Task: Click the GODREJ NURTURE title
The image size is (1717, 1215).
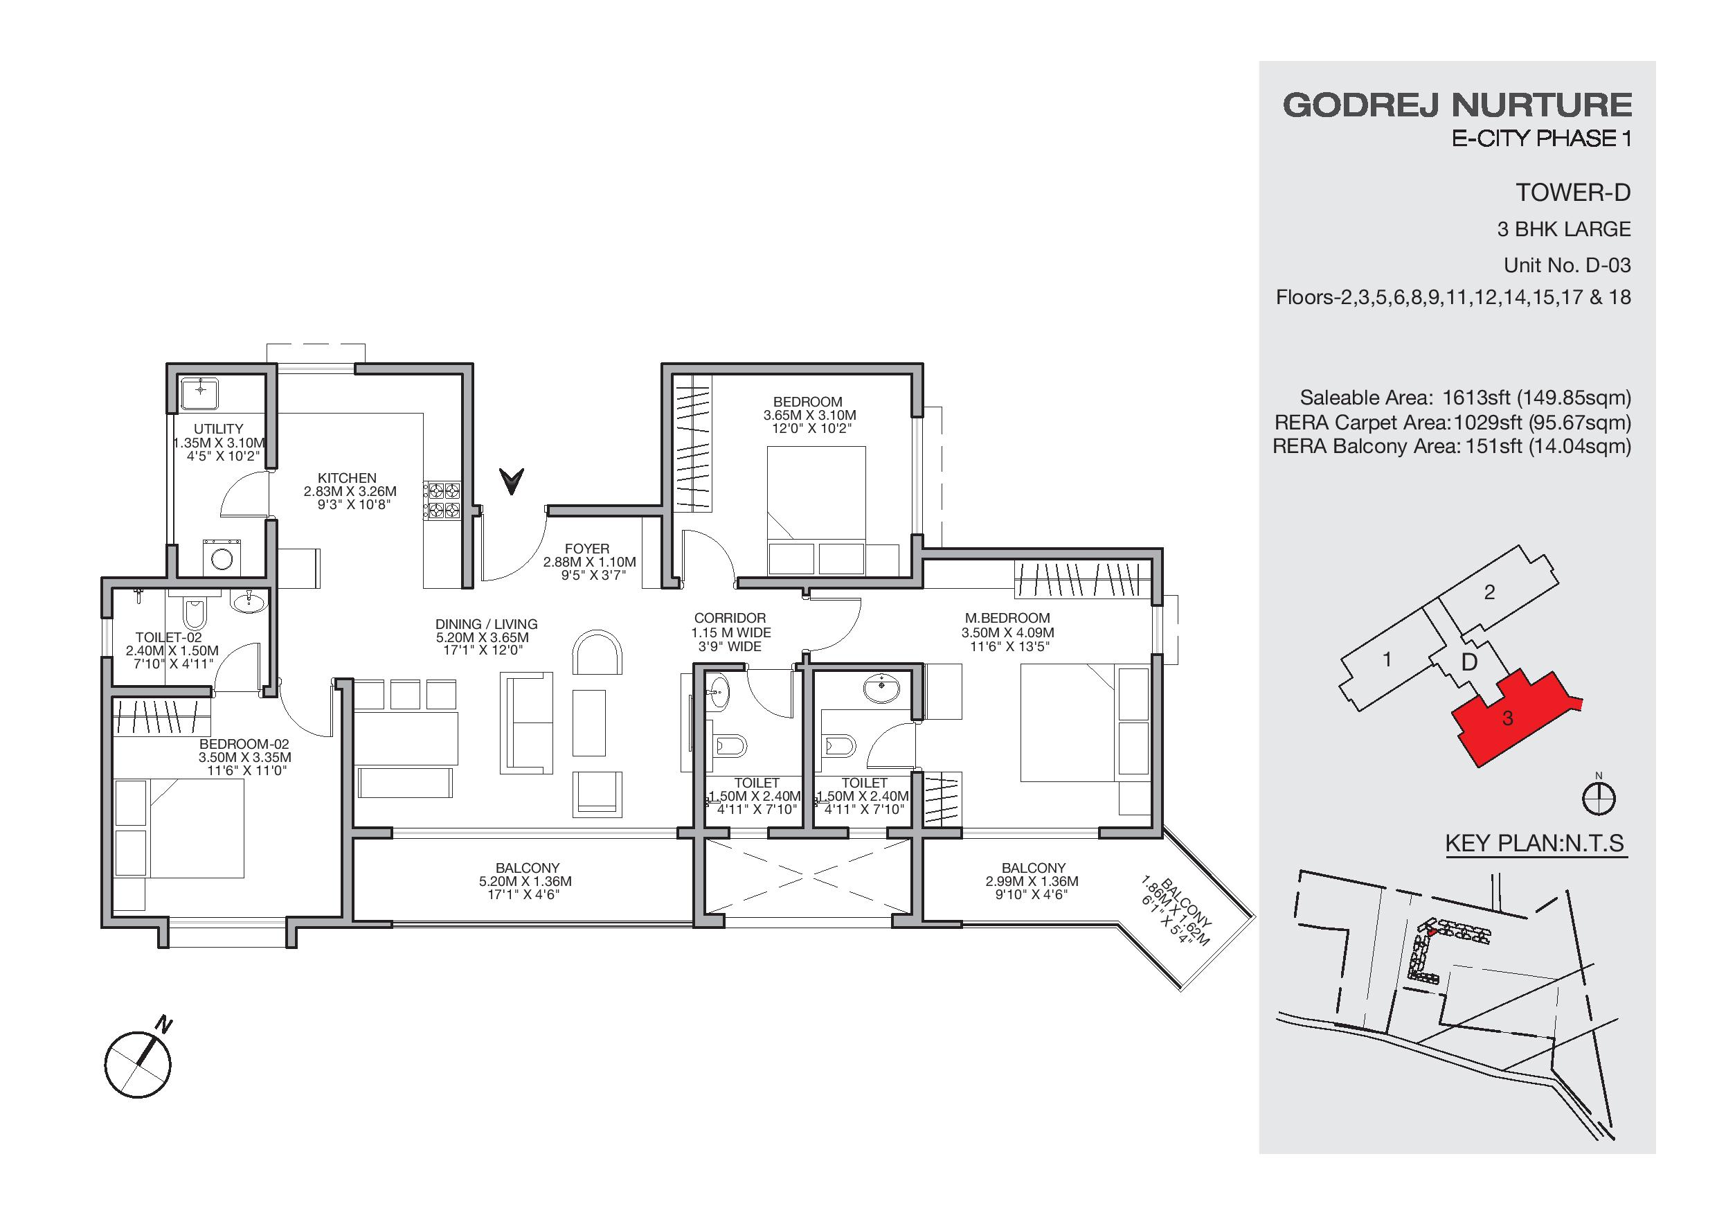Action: pos(1457,105)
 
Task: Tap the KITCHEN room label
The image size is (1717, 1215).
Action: pos(347,478)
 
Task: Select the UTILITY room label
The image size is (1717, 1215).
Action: pos(218,429)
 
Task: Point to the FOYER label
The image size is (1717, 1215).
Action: pos(587,549)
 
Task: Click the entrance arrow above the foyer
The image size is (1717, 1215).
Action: pos(512,481)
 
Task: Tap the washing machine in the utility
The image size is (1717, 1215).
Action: pos(221,558)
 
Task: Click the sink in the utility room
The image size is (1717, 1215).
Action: pos(200,393)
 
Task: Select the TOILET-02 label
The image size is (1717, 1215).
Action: pos(169,637)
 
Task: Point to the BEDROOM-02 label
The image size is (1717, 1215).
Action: pos(244,745)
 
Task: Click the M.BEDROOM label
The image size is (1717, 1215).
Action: pos(1007,618)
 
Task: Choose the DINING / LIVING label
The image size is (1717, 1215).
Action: pos(486,624)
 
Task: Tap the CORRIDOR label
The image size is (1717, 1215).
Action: pos(730,618)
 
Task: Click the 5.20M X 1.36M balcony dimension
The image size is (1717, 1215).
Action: pos(525,881)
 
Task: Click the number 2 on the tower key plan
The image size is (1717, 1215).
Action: pos(1490,592)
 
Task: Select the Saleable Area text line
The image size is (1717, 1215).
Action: pos(1466,398)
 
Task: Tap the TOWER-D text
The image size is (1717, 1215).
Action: pos(1574,193)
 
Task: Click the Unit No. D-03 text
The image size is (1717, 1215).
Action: pos(1567,265)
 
